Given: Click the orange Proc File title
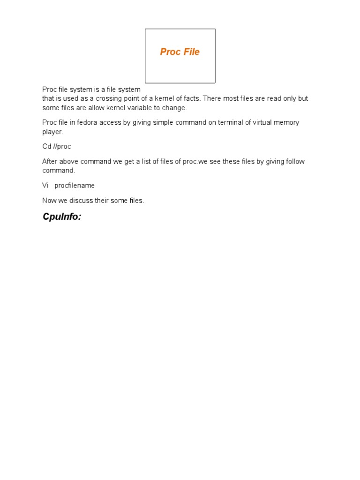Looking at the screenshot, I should [180, 52].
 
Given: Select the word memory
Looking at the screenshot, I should [288, 123].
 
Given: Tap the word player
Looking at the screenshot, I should [52, 132].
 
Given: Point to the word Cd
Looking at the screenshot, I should [46, 147].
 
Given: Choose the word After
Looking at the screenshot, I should [50, 162].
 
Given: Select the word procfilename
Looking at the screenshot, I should [75, 186].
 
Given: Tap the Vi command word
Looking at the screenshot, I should [45, 186].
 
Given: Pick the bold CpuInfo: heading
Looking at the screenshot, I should [62, 217].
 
